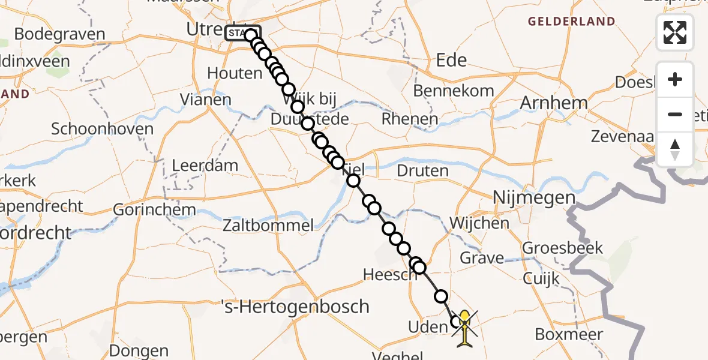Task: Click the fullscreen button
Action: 675,32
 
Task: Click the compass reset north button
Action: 675,149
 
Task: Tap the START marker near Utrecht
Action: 242,33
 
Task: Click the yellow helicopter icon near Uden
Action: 464,327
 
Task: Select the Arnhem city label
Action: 553,103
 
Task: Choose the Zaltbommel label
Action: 268,226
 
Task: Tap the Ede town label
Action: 452,60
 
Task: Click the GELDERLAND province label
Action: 571,22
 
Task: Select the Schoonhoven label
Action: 102,129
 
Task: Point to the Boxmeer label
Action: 569,334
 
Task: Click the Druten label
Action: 422,170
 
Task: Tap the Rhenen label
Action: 410,119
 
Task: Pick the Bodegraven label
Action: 59,34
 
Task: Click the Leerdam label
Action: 205,165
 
